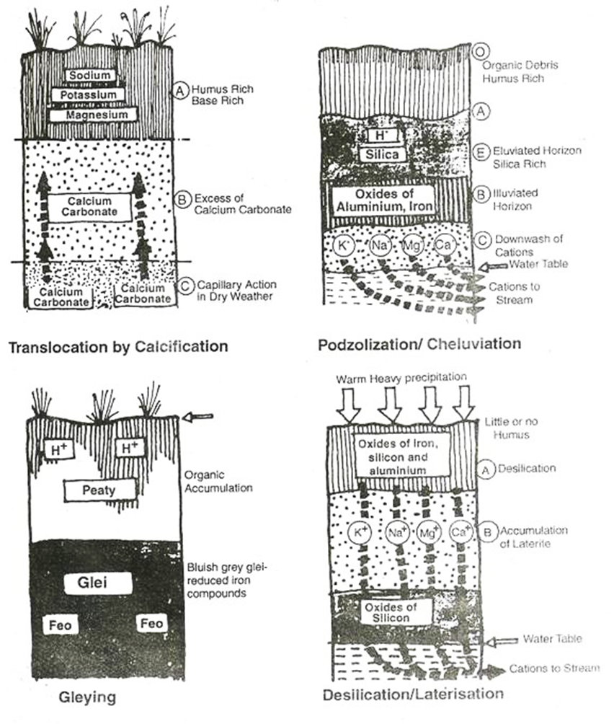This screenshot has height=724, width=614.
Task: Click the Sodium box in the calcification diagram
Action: click(x=89, y=75)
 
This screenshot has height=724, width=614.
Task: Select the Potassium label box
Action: click(x=88, y=94)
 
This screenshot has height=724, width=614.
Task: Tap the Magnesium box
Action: click(x=88, y=114)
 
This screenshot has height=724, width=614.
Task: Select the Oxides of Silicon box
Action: click(x=393, y=610)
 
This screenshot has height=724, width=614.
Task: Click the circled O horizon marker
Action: click(x=479, y=53)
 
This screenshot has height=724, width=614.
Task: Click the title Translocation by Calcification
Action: click(x=117, y=346)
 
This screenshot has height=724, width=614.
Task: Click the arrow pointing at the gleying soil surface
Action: click(x=200, y=416)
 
